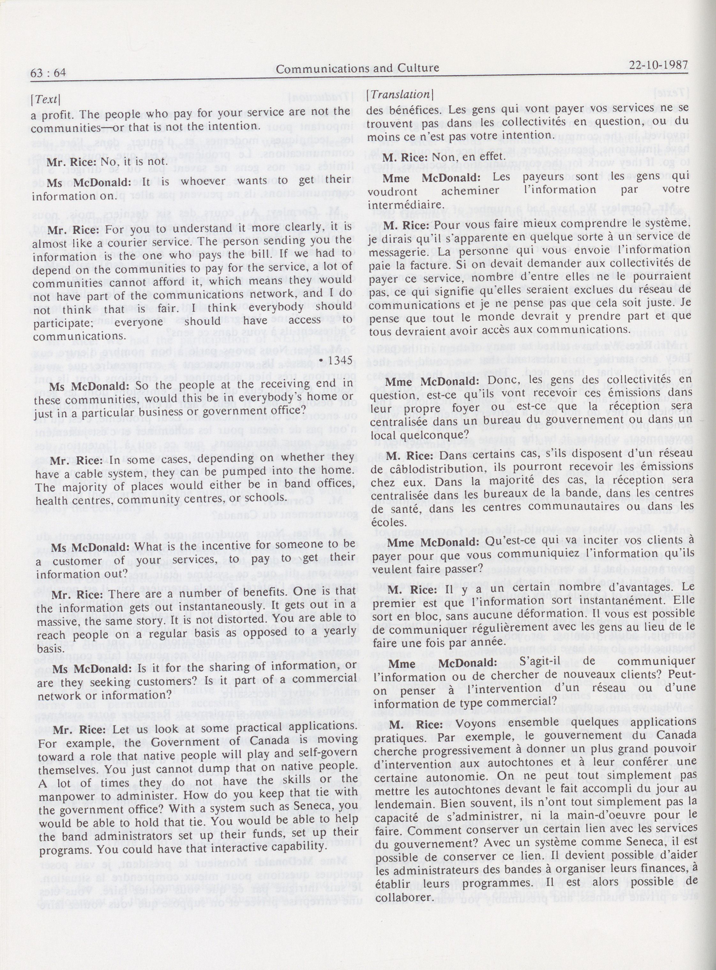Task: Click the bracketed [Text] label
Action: tap(45, 99)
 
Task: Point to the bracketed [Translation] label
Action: tap(399, 95)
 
